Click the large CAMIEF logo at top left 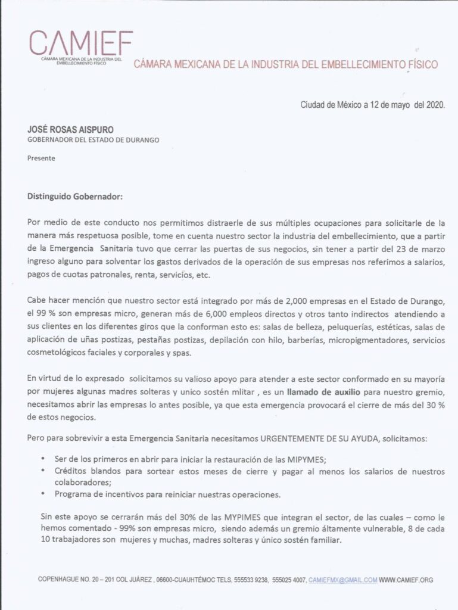point(81,43)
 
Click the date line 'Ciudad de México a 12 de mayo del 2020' point(372,105)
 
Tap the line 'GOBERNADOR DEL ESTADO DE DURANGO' point(94,141)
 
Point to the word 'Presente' point(41,158)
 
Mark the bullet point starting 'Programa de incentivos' point(167,495)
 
